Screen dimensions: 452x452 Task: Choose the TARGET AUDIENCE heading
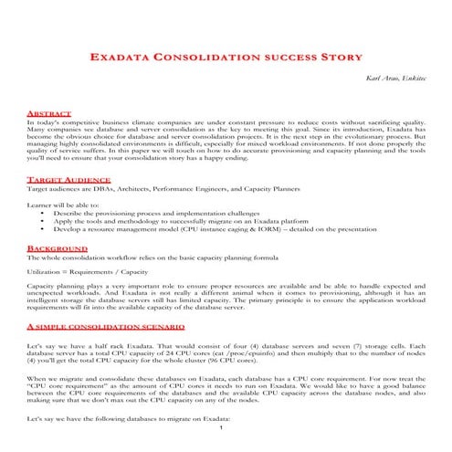click(x=64, y=181)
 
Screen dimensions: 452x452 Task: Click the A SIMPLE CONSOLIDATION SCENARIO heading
click(x=106, y=326)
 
